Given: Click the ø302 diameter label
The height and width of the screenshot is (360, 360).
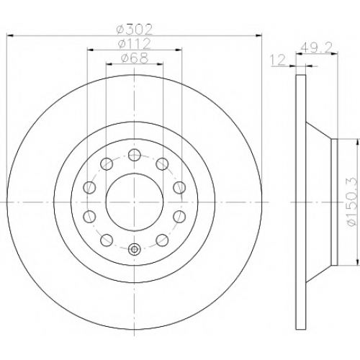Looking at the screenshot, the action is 134,30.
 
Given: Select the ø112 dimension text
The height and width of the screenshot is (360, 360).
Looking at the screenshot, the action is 135,44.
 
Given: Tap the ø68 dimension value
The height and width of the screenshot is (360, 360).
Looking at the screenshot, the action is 135,58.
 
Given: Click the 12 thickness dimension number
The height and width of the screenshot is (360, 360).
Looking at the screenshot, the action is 278,60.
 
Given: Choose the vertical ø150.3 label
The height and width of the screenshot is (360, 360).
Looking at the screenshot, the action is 352,202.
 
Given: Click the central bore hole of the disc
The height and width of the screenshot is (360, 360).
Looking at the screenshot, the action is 135,202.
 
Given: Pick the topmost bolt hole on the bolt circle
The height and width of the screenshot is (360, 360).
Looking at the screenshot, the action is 135,155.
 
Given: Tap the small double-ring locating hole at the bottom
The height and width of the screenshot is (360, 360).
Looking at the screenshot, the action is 135,250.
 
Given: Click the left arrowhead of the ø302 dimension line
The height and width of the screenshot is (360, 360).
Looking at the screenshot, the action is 9,36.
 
